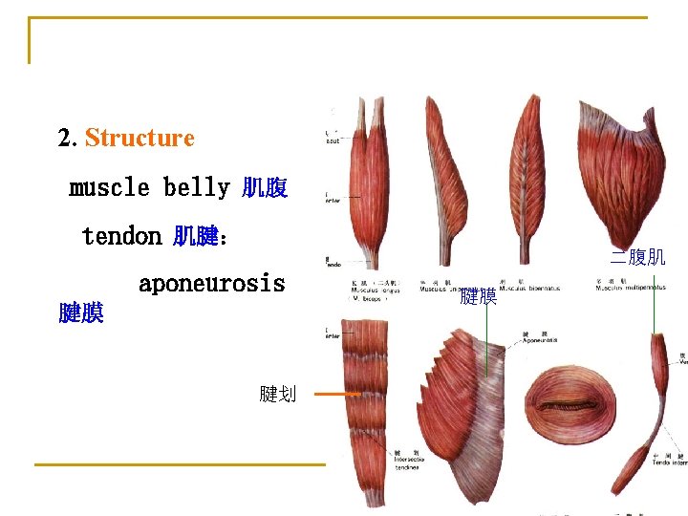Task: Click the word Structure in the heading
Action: click(x=140, y=138)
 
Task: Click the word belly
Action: click(x=196, y=187)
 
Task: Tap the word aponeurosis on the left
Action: click(x=211, y=284)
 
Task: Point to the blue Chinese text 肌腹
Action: click(x=264, y=188)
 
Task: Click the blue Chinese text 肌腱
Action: click(x=196, y=236)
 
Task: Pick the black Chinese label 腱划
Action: click(x=277, y=393)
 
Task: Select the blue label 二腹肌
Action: click(x=637, y=256)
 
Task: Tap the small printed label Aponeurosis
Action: click(x=540, y=340)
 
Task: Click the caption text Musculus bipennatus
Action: click(x=529, y=289)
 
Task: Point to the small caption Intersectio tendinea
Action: click(x=409, y=462)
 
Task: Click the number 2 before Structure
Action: click(x=66, y=138)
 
